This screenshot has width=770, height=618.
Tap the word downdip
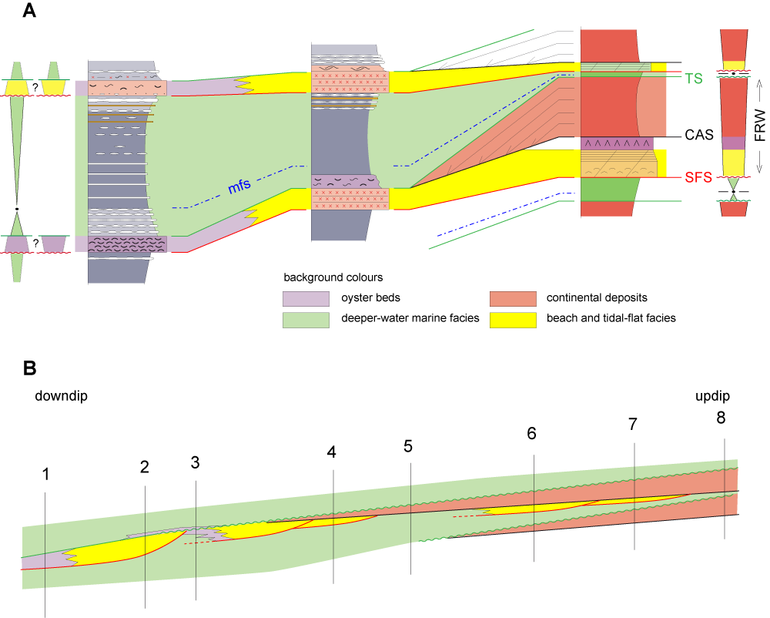pos(61,396)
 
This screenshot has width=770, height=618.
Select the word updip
pos(709,396)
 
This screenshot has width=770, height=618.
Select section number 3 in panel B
pos(195,463)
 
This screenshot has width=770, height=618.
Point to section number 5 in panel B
pos(408,446)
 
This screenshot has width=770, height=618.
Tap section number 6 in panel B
pos(531,433)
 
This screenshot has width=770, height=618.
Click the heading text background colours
pos(333,277)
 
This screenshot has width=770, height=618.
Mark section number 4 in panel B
pos(331,452)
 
